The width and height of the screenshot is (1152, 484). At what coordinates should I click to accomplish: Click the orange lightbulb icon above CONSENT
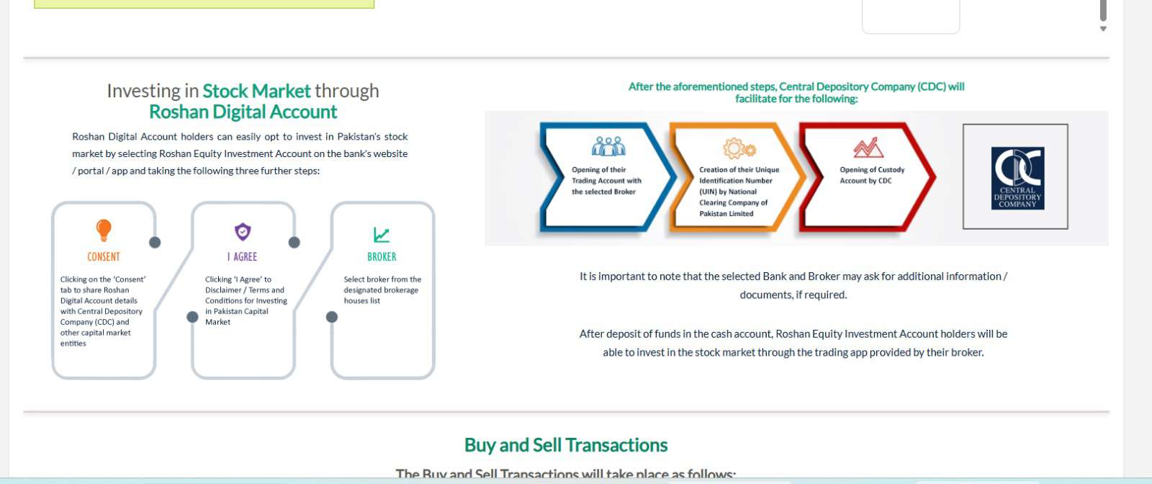click(x=104, y=230)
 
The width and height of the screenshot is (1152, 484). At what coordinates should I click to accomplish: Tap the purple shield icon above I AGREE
click(x=243, y=232)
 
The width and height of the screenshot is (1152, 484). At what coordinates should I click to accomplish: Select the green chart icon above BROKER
click(x=382, y=235)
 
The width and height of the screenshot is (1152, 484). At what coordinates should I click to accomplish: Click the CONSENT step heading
click(x=104, y=257)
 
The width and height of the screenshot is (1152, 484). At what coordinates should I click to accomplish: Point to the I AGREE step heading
click(x=242, y=257)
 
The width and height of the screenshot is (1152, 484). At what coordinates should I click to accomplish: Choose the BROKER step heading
click(x=382, y=257)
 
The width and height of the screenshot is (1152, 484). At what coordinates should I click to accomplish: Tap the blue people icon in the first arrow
click(x=608, y=147)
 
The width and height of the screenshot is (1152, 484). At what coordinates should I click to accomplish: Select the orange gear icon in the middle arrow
click(x=739, y=148)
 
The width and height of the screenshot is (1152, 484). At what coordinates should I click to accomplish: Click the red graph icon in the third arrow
click(x=868, y=148)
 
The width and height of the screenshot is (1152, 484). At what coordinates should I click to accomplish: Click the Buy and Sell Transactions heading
click(x=566, y=445)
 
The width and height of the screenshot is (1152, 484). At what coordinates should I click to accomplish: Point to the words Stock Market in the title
click(x=256, y=91)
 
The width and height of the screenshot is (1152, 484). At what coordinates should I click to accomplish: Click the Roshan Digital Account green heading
click(x=243, y=112)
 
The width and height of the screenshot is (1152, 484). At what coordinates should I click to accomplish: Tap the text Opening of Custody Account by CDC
click(x=871, y=175)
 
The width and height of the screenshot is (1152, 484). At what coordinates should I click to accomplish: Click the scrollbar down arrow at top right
click(x=1102, y=29)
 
